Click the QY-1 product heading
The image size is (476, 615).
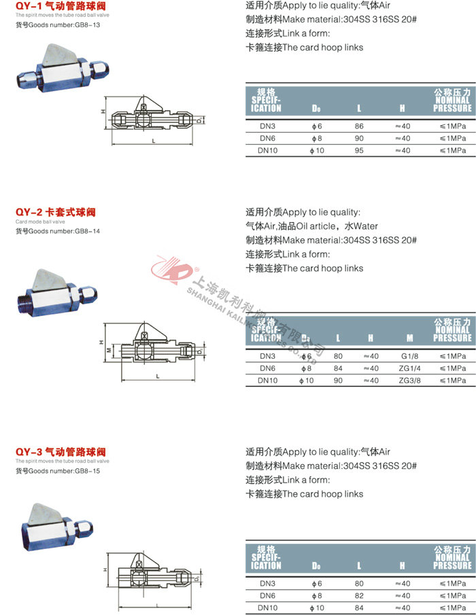[x=61, y=6]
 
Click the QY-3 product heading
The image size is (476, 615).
[x=61, y=452]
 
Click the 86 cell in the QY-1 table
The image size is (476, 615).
[x=359, y=126]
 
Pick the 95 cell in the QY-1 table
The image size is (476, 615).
[x=359, y=150]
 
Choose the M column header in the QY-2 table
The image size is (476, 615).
[x=409, y=338]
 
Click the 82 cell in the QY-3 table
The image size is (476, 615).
[x=359, y=595]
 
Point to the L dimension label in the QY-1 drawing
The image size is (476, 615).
[x=154, y=141]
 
